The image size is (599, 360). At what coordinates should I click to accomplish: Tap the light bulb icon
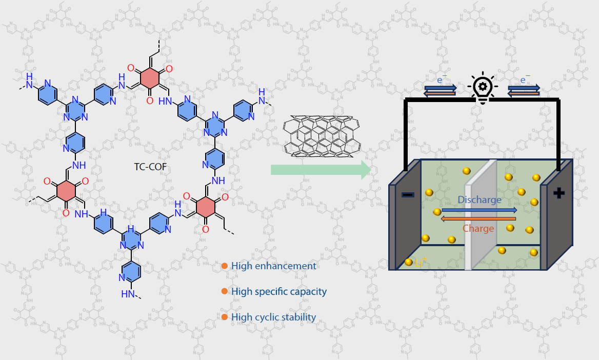(x=482, y=89)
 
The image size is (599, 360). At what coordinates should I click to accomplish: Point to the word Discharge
(x=479, y=199)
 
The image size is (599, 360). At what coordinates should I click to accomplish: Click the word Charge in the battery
(x=478, y=228)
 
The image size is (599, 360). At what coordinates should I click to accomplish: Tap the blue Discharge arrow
(x=479, y=210)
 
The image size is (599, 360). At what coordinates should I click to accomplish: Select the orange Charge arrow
(x=478, y=219)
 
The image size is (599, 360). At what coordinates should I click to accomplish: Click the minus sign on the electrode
(x=408, y=195)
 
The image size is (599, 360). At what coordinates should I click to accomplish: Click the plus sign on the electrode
(x=558, y=193)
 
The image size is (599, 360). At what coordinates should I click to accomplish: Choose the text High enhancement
(x=273, y=266)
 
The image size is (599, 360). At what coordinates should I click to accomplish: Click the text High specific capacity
(x=278, y=291)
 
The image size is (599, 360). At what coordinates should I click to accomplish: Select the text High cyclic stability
(x=273, y=317)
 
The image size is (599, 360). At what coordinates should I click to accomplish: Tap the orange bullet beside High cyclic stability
(x=224, y=317)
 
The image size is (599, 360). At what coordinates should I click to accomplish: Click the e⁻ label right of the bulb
(x=525, y=80)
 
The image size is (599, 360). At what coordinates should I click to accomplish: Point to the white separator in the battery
(x=480, y=215)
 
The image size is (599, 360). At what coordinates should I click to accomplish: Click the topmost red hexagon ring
(x=149, y=78)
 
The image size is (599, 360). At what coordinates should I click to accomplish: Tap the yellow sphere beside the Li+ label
(x=409, y=262)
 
